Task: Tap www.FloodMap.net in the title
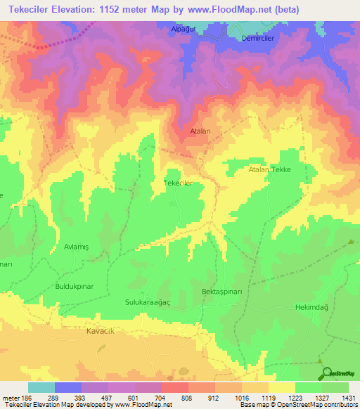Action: click(x=226, y=10)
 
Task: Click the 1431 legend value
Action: click(x=347, y=397)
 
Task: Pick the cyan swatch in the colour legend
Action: click(x=41, y=387)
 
